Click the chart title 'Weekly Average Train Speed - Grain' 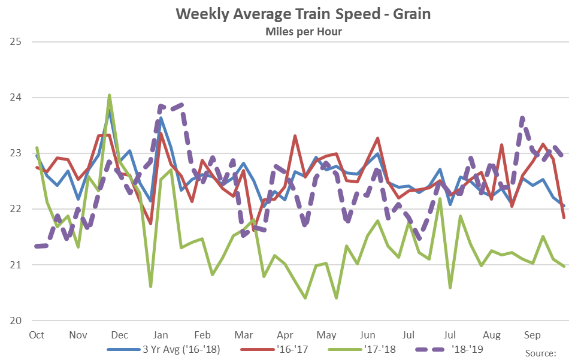(x=303, y=14)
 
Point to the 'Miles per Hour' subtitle (x=303, y=31)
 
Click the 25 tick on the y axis (x=16, y=42)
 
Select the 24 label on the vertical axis (x=16, y=98)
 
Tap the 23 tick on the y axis (x=16, y=153)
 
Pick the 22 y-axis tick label (x=16, y=209)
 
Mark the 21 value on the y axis (x=16, y=265)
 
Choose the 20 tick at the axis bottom (x=16, y=320)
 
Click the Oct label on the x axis (x=37, y=335)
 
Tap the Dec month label (x=119, y=335)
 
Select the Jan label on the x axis (x=161, y=335)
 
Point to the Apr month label (x=285, y=335)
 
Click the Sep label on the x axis (x=532, y=335)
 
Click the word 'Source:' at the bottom (x=541, y=353)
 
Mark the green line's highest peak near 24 (x=109, y=95)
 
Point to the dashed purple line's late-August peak (x=522, y=118)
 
